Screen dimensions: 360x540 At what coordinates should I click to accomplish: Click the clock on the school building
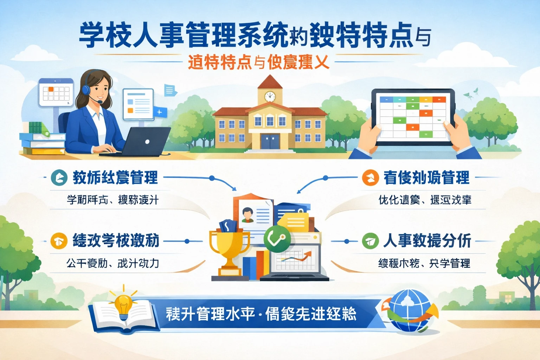click(x=270, y=96)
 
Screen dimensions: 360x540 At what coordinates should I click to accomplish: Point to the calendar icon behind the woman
click(x=56, y=92)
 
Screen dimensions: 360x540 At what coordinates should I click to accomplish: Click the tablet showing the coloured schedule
click(x=413, y=117)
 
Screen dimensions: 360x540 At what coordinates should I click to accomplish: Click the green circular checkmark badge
click(x=277, y=239)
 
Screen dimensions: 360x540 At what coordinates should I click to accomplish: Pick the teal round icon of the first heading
click(x=59, y=178)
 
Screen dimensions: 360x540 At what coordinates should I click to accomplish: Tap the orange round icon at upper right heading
click(x=370, y=178)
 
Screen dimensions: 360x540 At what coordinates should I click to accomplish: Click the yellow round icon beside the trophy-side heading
click(x=59, y=241)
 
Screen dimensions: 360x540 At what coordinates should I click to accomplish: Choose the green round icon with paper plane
click(x=370, y=241)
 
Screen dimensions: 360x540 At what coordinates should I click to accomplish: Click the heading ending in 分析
click(x=427, y=241)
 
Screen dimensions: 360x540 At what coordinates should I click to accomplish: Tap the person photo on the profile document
click(x=247, y=215)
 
